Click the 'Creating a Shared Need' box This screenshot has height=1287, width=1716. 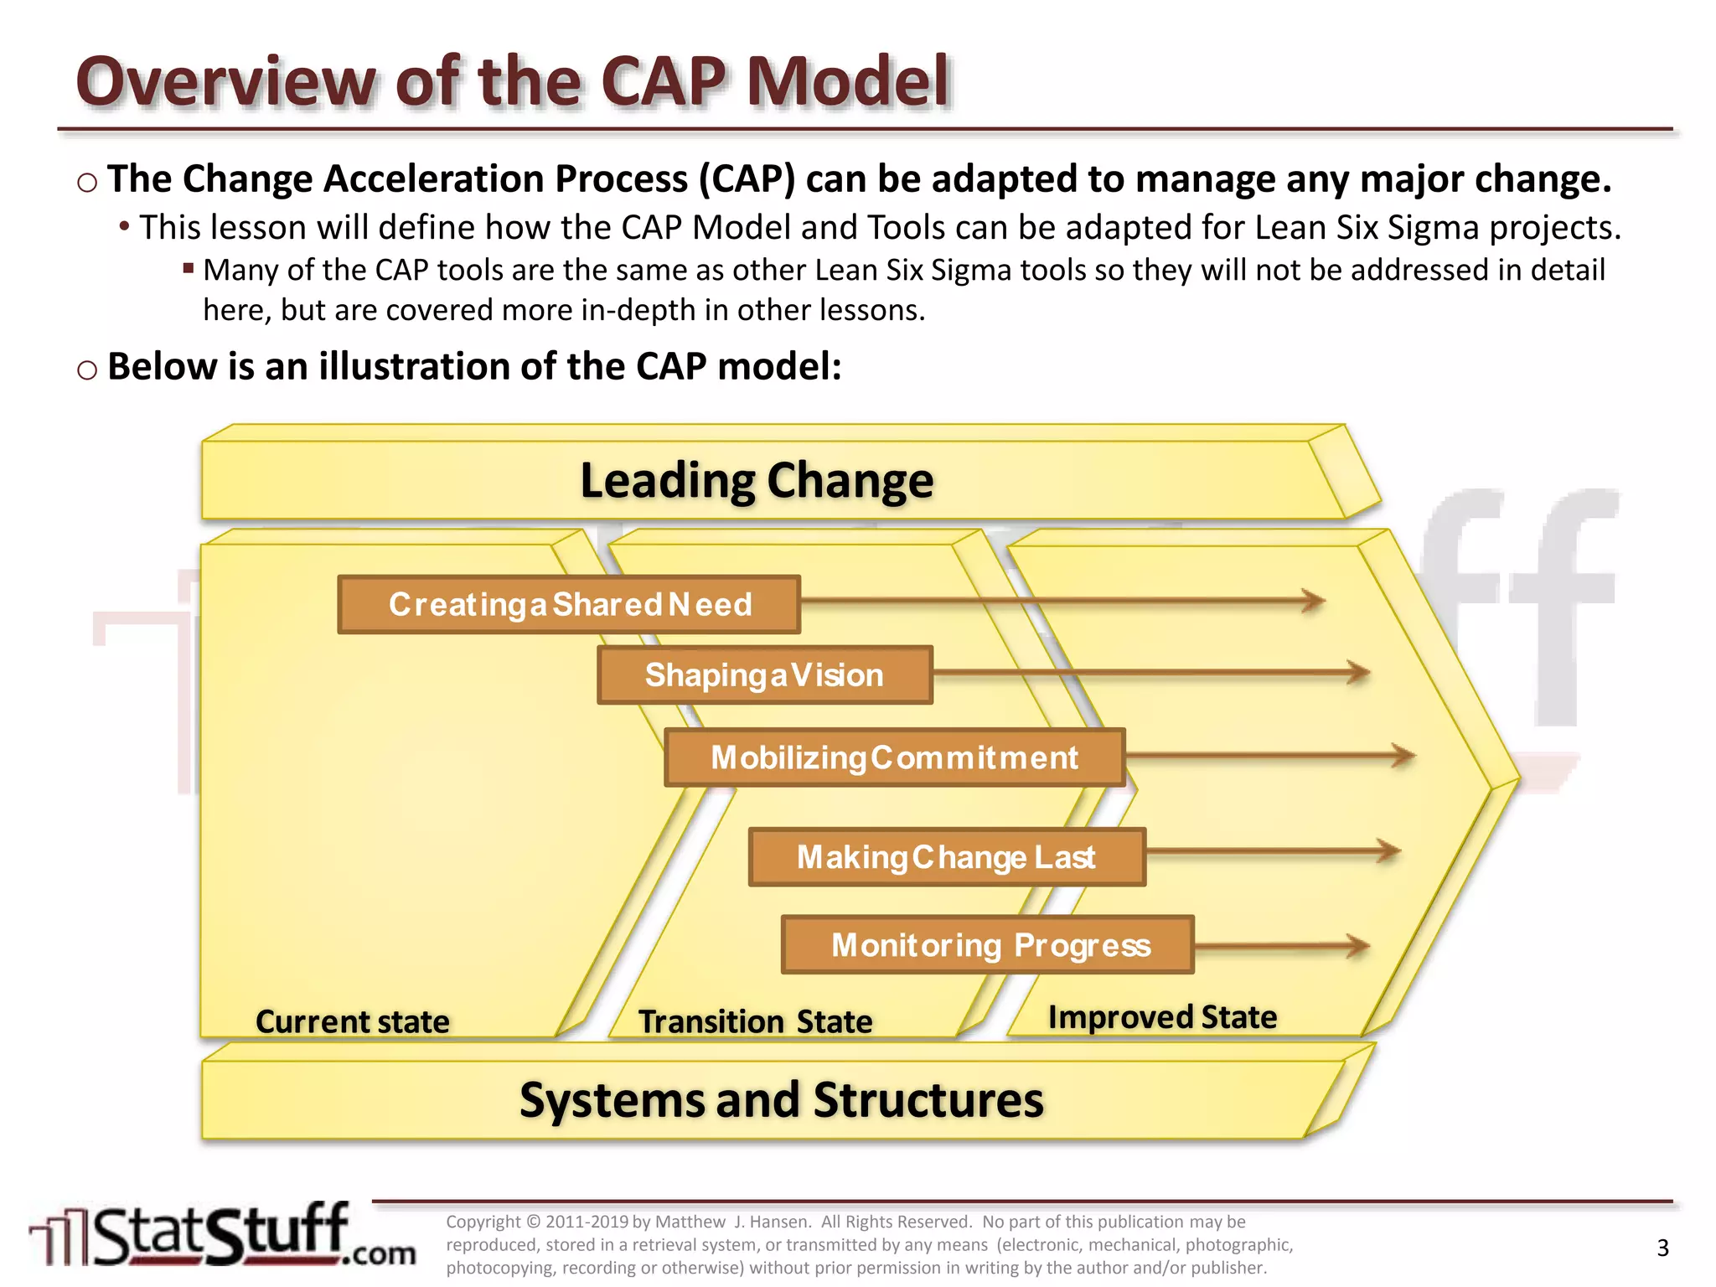pyautogui.click(x=569, y=604)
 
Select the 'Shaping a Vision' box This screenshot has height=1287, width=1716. pyautogui.click(x=764, y=675)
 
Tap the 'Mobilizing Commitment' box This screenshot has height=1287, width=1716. pyautogui.click(x=894, y=757)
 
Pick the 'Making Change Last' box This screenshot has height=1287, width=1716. pyautogui.click(x=947, y=857)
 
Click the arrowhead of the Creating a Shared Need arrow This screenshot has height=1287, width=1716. pyautogui.click(x=1313, y=600)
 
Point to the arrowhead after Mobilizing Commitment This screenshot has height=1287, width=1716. pyautogui.click(x=1403, y=756)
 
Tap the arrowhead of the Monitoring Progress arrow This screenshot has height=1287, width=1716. pyautogui.click(x=1357, y=946)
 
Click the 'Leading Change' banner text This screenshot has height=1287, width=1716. pyautogui.click(x=757, y=481)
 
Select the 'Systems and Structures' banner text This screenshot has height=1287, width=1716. pyautogui.click(x=781, y=1100)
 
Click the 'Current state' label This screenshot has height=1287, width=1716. pyautogui.click(x=352, y=1022)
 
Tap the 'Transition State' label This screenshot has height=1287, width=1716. pyautogui.click(x=755, y=1022)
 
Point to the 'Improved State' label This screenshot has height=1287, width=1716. pyautogui.click(x=1162, y=1017)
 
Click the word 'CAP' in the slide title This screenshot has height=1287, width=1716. pyautogui.click(x=663, y=82)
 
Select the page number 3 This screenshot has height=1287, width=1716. pyautogui.click(x=1662, y=1248)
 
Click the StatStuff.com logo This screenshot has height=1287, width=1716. pyautogui.click(x=222, y=1236)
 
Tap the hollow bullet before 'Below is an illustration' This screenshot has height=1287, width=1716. pyautogui.click(x=87, y=370)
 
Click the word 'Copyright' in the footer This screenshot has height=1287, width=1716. pyautogui.click(x=483, y=1222)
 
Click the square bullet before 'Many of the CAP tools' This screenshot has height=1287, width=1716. pyautogui.click(x=189, y=269)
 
